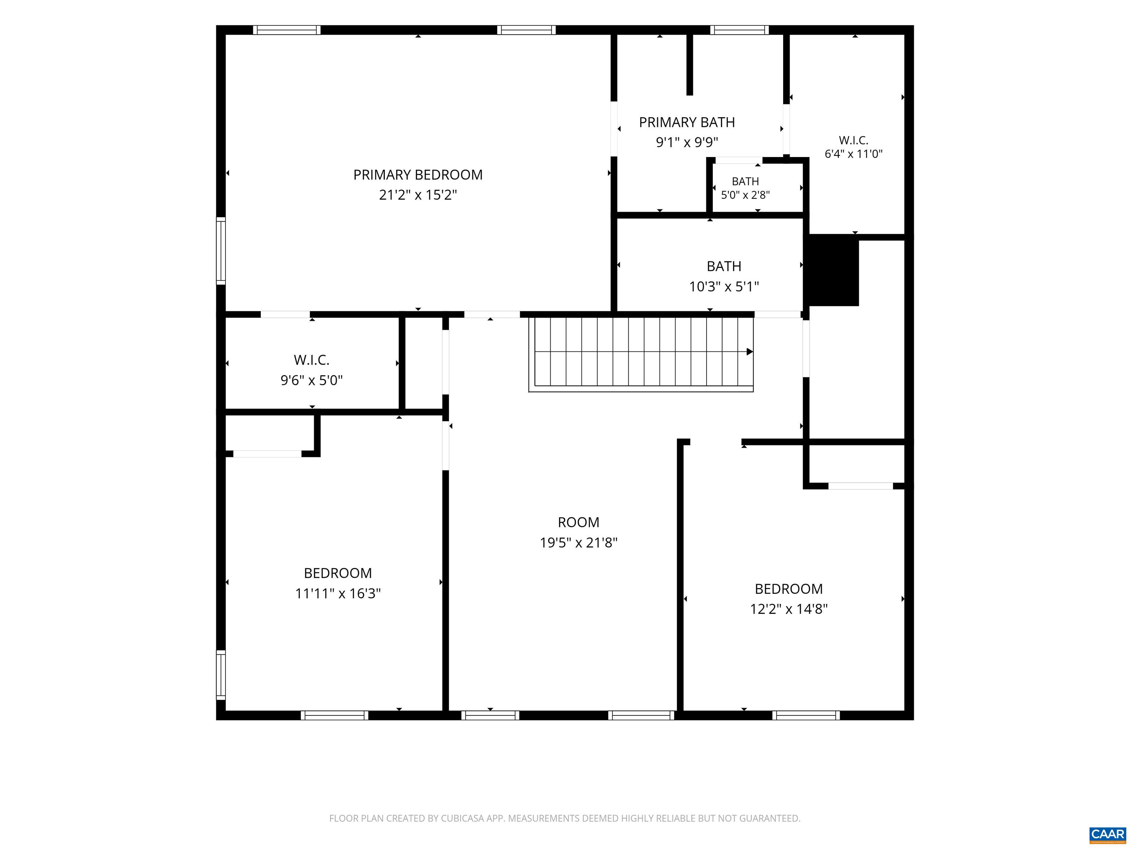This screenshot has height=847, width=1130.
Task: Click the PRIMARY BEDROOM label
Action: pyautogui.click(x=418, y=175)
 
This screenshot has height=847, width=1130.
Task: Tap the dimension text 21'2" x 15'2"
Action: pyautogui.click(x=418, y=195)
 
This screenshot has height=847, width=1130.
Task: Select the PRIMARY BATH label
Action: pyautogui.click(x=687, y=122)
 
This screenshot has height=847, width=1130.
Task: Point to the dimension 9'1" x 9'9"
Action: pyautogui.click(x=687, y=142)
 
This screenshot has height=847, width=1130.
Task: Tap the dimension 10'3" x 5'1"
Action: pyautogui.click(x=724, y=286)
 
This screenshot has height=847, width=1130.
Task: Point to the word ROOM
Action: pyautogui.click(x=578, y=522)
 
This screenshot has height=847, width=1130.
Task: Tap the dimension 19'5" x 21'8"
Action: pyautogui.click(x=579, y=542)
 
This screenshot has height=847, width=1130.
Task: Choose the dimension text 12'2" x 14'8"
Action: pyautogui.click(x=789, y=609)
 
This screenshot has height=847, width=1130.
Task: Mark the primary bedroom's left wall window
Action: pyautogui.click(x=221, y=251)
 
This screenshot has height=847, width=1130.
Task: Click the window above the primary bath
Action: pyautogui.click(x=739, y=30)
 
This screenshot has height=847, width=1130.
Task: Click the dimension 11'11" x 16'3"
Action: pyautogui.click(x=338, y=593)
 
